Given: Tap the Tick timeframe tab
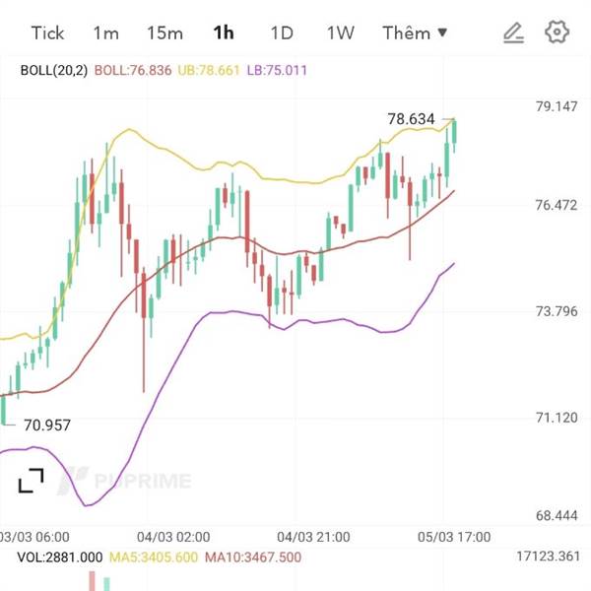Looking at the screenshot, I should pos(47,33).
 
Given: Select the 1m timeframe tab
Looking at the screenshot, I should pos(105,33).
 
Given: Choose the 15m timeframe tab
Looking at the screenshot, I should pos(164,33).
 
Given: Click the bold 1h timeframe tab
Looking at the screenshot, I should pos(224,33).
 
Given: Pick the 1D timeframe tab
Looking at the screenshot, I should pos(282,33).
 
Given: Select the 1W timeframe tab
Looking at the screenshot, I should pos(340,33).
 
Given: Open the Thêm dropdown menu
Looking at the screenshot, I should pos(415,33).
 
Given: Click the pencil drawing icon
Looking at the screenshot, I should pos(512,33).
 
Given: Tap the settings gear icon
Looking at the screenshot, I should pos(558,33).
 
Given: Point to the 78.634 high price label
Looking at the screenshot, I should pos(411,119).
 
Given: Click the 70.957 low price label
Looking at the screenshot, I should pos(46,426).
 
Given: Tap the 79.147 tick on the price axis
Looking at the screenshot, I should pos(556,105).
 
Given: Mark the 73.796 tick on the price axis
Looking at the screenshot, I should pos(556,311).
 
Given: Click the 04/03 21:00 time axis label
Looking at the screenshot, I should pos(313,537).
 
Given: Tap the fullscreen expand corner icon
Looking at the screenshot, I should pos(31,481).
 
